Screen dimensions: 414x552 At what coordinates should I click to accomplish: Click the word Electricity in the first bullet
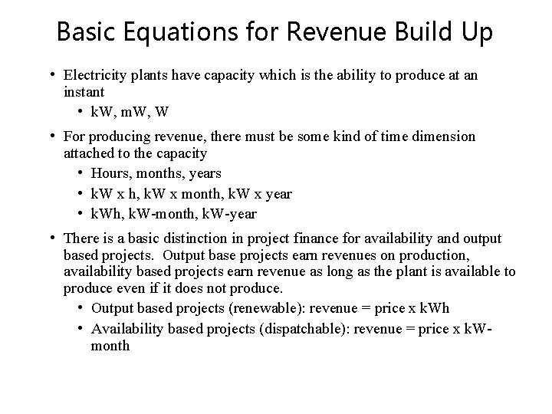coord(97,76)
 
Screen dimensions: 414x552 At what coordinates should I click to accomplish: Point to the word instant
coord(87,92)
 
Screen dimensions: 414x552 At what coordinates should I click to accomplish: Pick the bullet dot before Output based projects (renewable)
coord(80,308)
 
